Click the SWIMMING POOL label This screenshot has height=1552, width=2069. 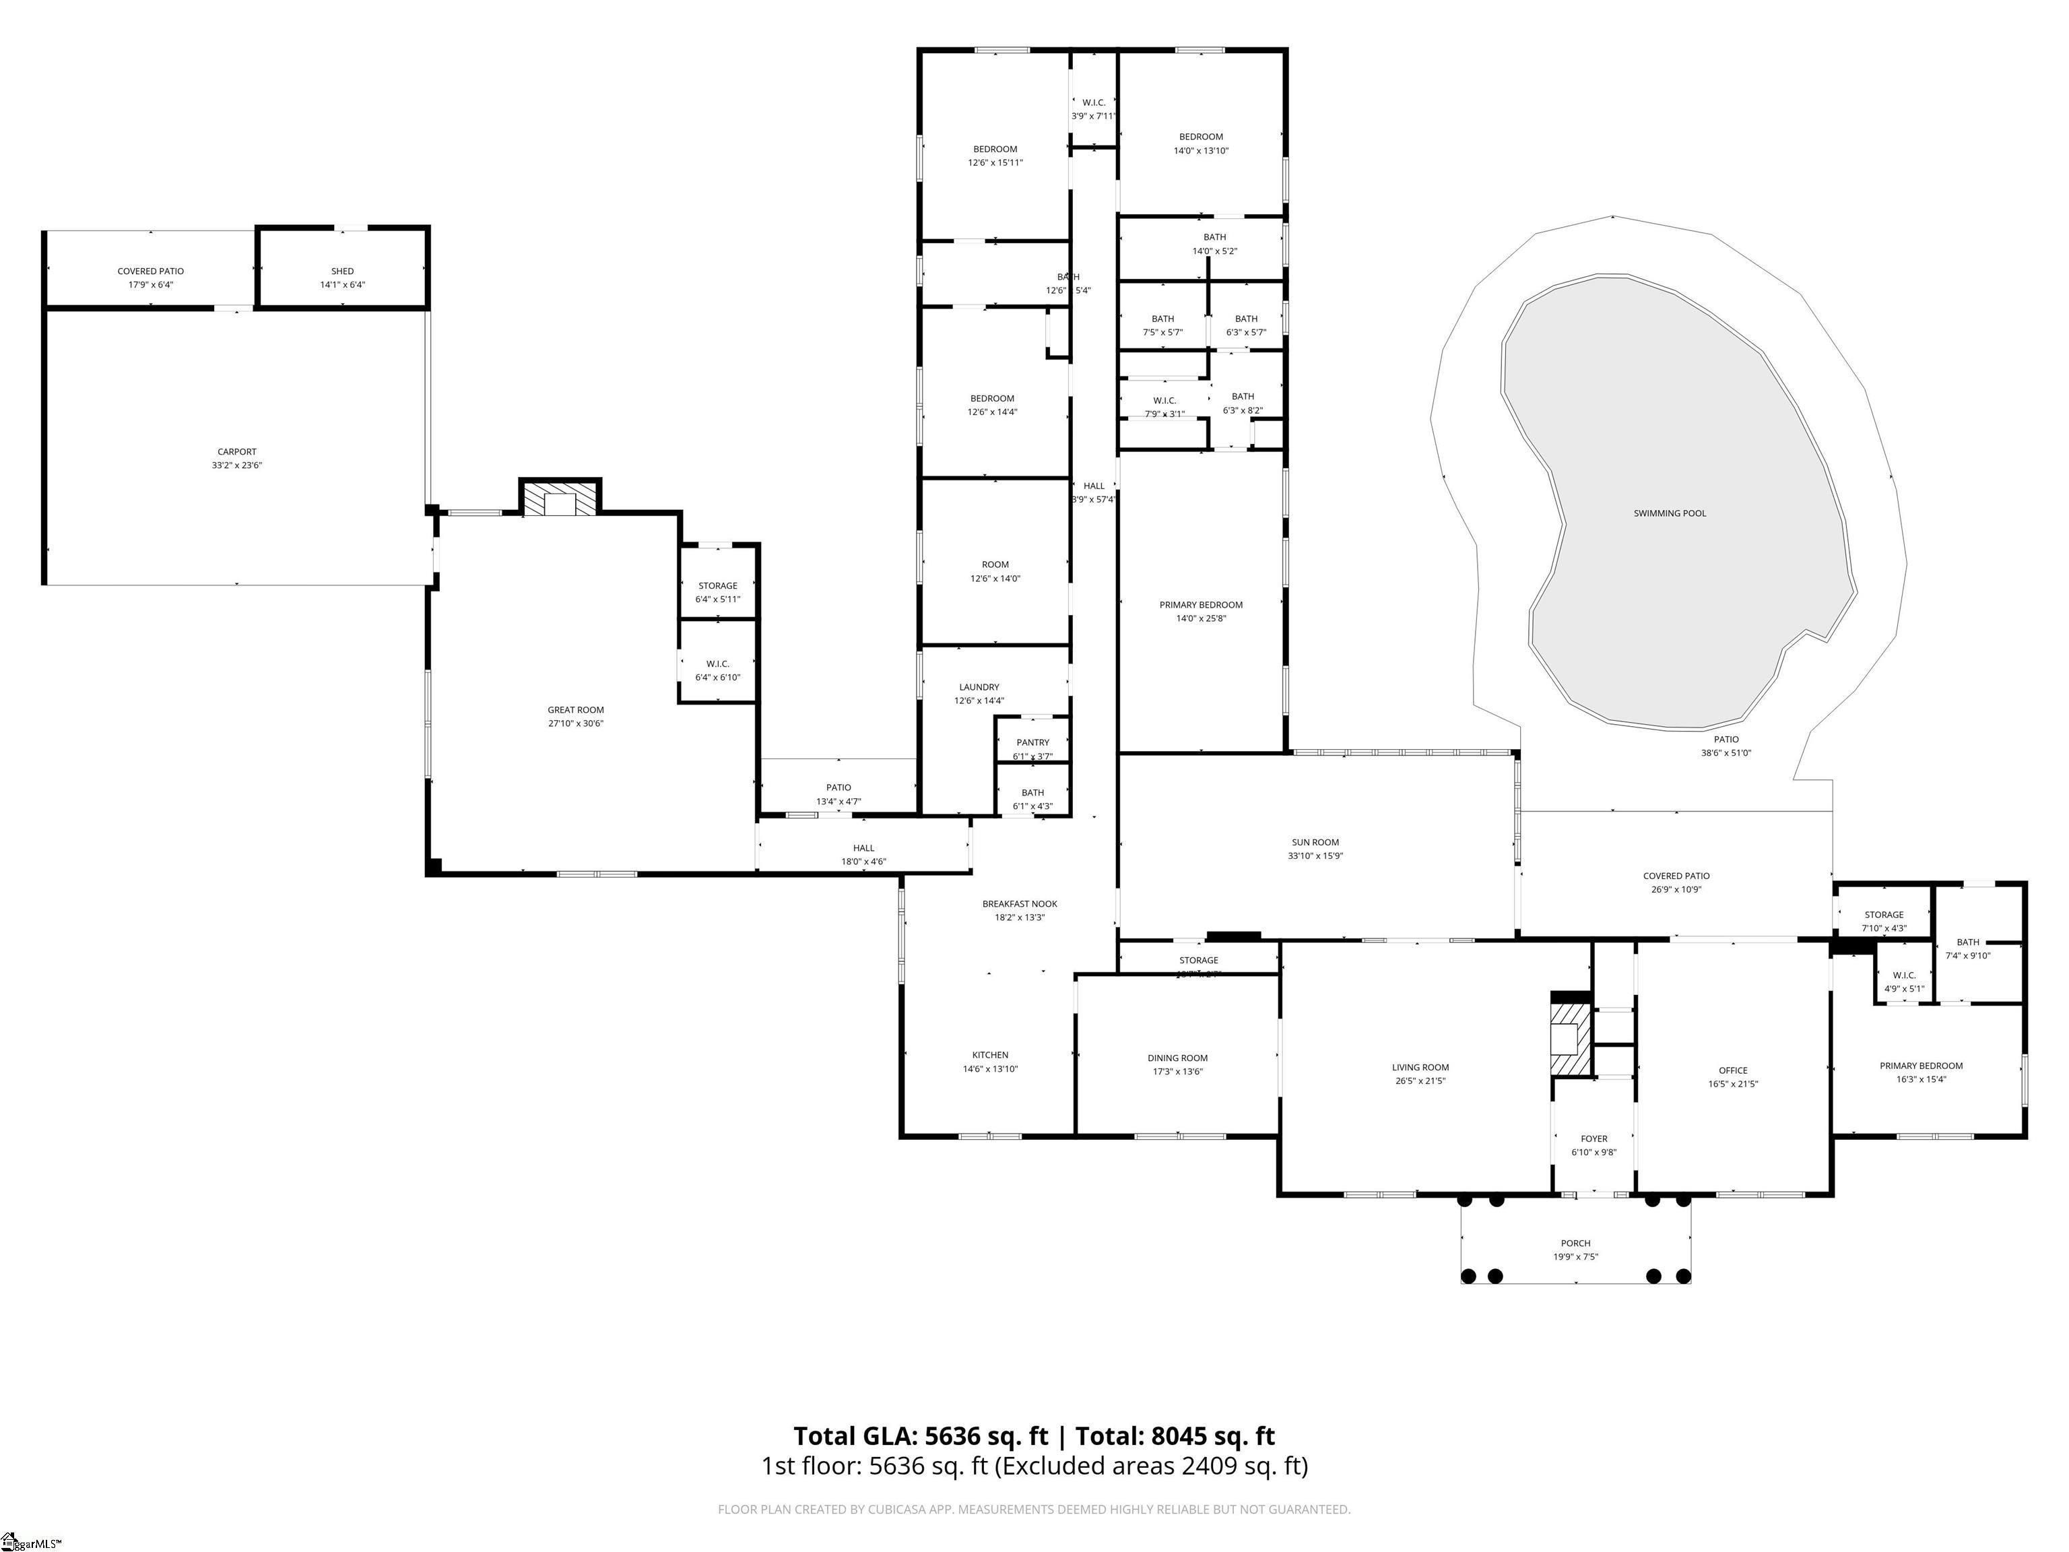click(1670, 513)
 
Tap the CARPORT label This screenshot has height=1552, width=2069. click(236, 452)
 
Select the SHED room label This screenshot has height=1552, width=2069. click(342, 271)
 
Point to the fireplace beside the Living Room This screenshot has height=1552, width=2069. click(1571, 1039)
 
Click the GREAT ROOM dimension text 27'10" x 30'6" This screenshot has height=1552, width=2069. click(576, 723)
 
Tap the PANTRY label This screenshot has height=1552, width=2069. click(1032, 743)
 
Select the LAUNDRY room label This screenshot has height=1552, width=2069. click(979, 686)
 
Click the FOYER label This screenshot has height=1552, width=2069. click(1594, 1140)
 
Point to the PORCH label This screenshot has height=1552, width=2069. click(1575, 1243)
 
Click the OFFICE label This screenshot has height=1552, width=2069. click(1733, 1070)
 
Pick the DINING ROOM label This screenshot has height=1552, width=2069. click(1177, 1058)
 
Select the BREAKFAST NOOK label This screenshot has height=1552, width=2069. click(1020, 904)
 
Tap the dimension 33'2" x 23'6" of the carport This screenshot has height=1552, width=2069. click(236, 465)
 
